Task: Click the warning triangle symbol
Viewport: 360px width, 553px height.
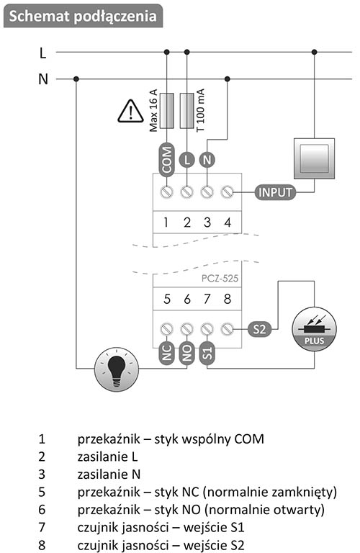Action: coord(130,112)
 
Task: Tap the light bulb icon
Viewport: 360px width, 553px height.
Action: coord(117,369)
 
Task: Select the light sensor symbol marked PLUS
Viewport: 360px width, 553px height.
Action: coord(314,329)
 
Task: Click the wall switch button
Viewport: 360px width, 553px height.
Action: coord(314,158)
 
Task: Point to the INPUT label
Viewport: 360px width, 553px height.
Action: coord(275,192)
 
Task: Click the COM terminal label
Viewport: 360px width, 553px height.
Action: coord(166,159)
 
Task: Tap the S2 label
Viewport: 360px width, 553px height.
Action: coord(259,329)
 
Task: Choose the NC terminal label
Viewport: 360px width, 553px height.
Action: coord(166,353)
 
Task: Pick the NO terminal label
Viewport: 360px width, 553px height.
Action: coord(187,353)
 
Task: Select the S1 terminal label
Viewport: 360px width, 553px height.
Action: coord(207,353)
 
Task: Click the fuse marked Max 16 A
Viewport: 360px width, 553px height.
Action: coord(166,111)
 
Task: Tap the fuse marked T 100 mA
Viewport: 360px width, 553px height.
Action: coord(187,111)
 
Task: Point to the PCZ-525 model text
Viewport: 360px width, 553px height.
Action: coord(220,279)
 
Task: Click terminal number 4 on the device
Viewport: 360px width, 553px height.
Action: coord(228,222)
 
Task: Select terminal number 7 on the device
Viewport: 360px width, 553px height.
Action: coord(207,299)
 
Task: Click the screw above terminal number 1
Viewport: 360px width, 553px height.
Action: coord(166,192)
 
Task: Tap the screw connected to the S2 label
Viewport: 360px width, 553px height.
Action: coord(228,329)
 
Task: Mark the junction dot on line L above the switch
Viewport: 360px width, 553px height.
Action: coord(314,52)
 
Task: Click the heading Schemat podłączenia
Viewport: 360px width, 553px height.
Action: coord(83,17)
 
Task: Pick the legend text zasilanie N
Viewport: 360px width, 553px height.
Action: coord(109,475)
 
